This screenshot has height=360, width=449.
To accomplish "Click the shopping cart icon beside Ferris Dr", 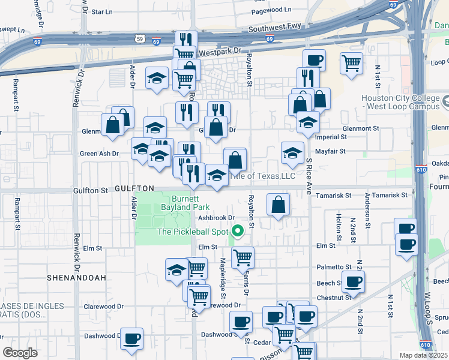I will click(243, 257).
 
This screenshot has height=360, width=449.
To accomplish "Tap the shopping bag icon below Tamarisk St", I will click(279, 205).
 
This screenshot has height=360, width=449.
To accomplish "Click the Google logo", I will click(20, 353).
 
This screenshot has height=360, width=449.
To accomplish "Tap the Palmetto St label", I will click(334, 267).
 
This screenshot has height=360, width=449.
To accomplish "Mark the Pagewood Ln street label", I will click(271, 10).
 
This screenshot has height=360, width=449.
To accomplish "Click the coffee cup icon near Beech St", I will click(353, 281).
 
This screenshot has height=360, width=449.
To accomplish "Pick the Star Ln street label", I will click(101, 11).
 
